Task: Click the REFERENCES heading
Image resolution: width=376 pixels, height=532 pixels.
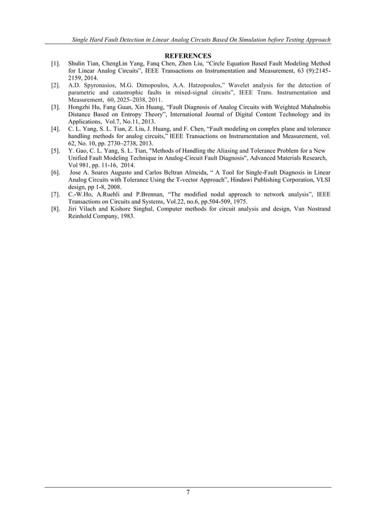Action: [x=187, y=55]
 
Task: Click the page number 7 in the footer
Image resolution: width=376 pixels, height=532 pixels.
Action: [x=187, y=493]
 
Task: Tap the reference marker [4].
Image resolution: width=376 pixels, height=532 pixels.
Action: [x=55, y=129]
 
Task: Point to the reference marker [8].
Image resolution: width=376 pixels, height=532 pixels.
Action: [x=55, y=209]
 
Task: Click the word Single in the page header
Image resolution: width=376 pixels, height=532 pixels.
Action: [x=83, y=39]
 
